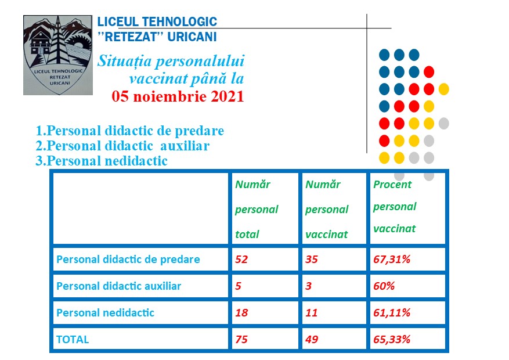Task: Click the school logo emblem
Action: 57,55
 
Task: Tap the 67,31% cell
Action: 392,260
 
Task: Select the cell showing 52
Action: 241,260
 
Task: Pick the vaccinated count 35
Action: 312,260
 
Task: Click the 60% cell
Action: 383,286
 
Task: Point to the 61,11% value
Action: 392,313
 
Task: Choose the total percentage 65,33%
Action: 392,340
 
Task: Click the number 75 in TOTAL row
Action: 241,340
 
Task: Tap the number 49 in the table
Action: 312,340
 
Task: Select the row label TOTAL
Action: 73,340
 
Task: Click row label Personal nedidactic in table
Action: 105,313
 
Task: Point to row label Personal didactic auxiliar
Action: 118,286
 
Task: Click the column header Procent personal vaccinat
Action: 395,207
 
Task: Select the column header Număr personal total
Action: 257,209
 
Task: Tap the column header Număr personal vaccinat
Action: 327,209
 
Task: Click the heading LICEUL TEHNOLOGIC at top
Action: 157,23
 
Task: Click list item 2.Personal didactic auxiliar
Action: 122,146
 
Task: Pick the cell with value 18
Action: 241,313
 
